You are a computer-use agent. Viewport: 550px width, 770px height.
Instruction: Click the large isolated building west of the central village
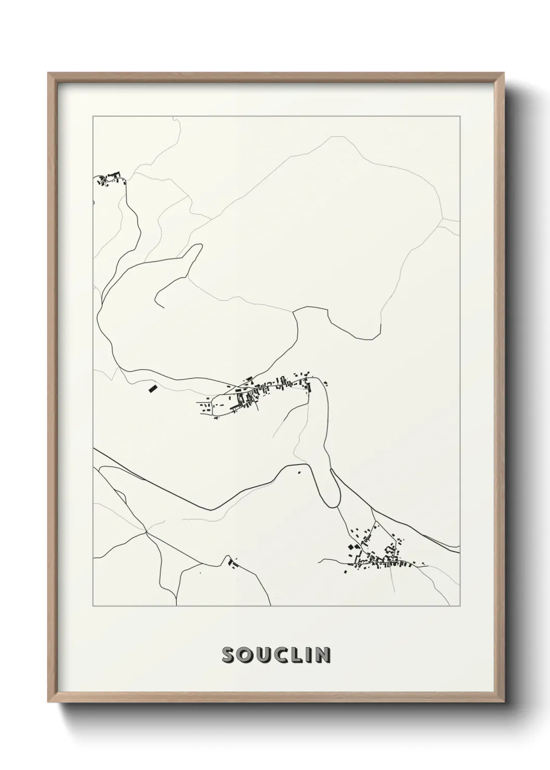(152, 388)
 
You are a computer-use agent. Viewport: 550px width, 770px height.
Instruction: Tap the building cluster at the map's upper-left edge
(108, 180)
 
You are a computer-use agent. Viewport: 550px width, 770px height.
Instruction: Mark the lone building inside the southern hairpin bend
(299, 472)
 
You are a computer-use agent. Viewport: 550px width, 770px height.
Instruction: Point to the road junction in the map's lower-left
(147, 532)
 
